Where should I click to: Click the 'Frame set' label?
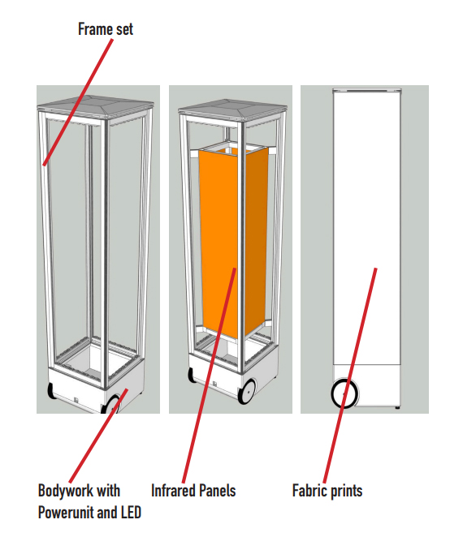click(106, 29)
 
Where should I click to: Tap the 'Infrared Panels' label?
click(193, 491)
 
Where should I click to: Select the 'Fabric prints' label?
click(327, 491)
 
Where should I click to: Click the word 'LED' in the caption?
click(131, 513)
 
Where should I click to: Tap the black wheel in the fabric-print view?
click(344, 393)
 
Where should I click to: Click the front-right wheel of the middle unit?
click(248, 392)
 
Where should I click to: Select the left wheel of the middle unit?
click(192, 375)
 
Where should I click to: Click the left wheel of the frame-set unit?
click(51, 391)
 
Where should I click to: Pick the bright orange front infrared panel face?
click(219, 240)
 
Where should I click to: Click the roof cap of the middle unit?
click(232, 109)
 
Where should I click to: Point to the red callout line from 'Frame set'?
click(78, 102)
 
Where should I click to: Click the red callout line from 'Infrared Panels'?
click(210, 376)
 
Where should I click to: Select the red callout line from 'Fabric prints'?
click(350, 376)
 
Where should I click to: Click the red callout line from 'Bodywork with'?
click(98, 436)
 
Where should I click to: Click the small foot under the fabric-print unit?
click(397, 407)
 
